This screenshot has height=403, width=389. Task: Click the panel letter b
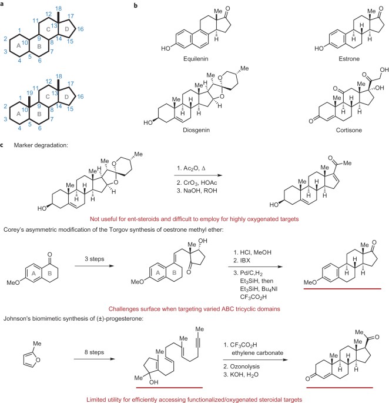[x=137, y=5]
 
